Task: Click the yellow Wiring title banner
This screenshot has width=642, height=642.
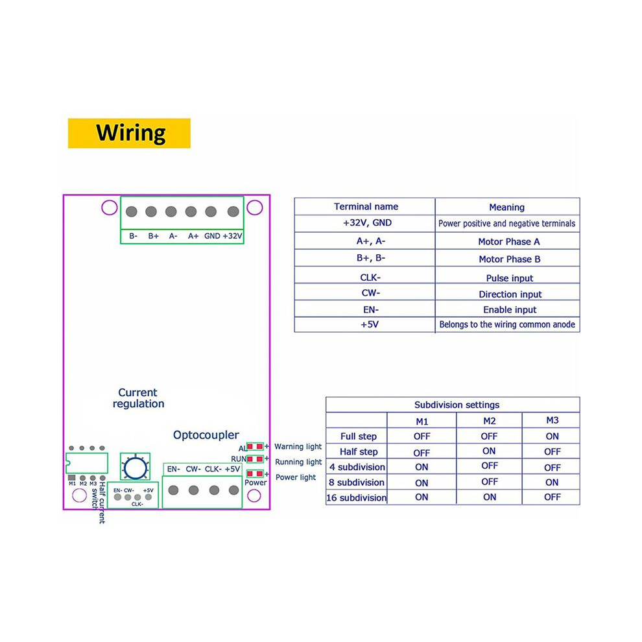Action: pyautogui.click(x=129, y=133)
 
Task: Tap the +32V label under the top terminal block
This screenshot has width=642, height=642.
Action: pyautogui.click(x=233, y=236)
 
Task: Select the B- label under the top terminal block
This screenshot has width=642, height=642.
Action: pyautogui.click(x=133, y=236)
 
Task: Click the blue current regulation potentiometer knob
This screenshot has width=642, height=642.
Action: pyautogui.click(x=135, y=467)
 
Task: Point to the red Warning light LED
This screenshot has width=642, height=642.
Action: pyautogui.click(x=255, y=446)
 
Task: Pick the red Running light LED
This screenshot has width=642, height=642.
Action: pyautogui.click(x=255, y=459)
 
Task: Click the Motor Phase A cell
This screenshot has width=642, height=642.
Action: pyautogui.click(x=509, y=242)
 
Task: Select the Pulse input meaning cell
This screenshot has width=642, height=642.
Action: pyautogui.click(x=509, y=278)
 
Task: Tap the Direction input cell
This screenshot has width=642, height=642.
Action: pyautogui.click(x=510, y=294)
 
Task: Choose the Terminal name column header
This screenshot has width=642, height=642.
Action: pyautogui.click(x=366, y=206)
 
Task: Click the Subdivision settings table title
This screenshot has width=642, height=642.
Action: pyautogui.click(x=457, y=405)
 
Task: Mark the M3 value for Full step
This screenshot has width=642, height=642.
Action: pyautogui.click(x=552, y=436)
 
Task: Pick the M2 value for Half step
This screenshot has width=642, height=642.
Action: pyautogui.click(x=489, y=451)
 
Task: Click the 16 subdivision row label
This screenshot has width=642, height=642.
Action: pyautogui.click(x=356, y=497)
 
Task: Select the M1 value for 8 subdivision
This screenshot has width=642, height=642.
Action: pyautogui.click(x=422, y=482)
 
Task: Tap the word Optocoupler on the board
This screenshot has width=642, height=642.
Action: pyautogui.click(x=206, y=435)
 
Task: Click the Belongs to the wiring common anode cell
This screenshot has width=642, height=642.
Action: pyautogui.click(x=507, y=324)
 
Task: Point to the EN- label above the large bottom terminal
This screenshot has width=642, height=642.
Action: pyautogui.click(x=174, y=469)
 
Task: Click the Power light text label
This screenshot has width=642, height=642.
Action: pyautogui.click(x=296, y=477)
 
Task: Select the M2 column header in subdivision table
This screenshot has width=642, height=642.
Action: pyautogui.click(x=489, y=421)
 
